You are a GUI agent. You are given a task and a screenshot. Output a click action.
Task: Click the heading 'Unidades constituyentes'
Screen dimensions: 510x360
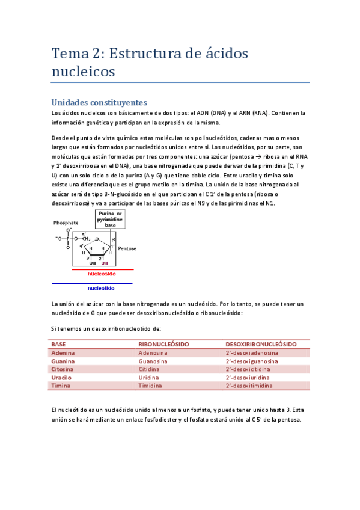tap(99, 102)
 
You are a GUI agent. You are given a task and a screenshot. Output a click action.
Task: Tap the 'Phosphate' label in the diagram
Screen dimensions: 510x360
tap(66, 223)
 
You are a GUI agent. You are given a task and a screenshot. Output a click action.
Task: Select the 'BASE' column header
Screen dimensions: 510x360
tap(59, 344)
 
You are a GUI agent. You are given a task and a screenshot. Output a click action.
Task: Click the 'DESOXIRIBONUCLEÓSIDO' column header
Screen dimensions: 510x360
tap(261, 344)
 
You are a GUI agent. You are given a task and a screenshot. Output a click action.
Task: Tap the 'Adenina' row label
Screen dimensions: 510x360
tap(63, 353)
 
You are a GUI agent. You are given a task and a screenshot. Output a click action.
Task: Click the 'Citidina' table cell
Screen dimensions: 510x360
tap(152, 369)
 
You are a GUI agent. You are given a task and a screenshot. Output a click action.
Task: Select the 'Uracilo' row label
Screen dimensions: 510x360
tap(62, 378)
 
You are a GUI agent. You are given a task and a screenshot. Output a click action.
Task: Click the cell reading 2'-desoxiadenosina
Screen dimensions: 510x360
tap(252, 353)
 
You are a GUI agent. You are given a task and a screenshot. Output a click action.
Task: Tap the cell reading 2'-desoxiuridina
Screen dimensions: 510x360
tap(249, 378)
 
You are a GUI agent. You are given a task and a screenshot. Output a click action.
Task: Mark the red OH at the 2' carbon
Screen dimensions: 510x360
tap(105, 263)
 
